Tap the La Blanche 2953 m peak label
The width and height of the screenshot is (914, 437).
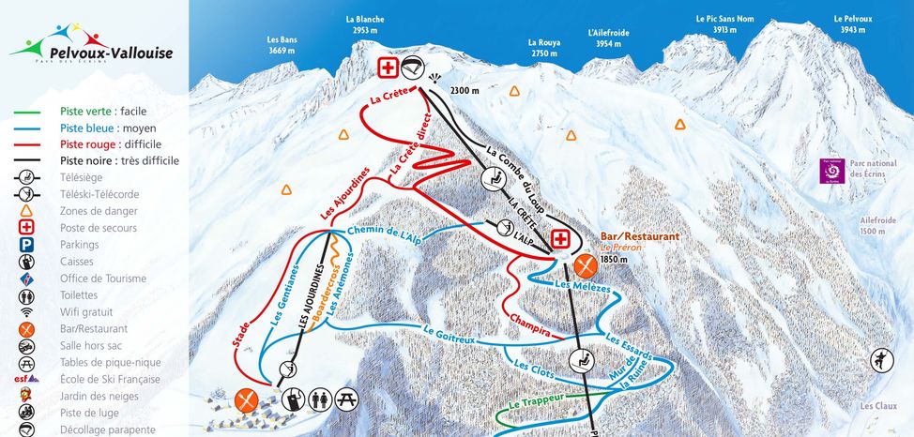click(x=365, y=24)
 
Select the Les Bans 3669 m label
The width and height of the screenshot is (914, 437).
click(x=282, y=45)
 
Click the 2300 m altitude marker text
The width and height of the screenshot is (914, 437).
click(x=464, y=90)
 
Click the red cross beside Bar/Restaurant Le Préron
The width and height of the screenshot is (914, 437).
click(x=561, y=239)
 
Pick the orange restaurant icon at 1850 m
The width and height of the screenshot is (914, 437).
click(x=586, y=265)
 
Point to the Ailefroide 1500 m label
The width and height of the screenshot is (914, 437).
click(x=877, y=225)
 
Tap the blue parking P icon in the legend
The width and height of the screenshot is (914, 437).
click(x=27, y=245)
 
